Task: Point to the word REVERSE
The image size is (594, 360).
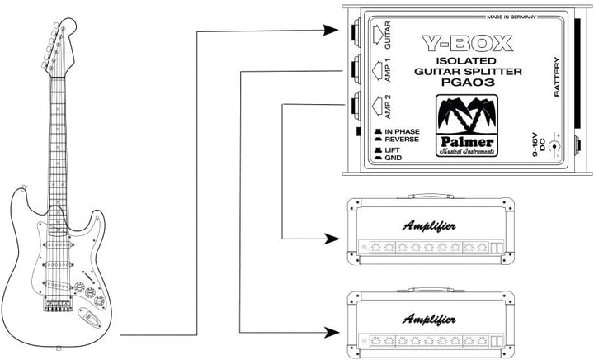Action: [402, 140]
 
